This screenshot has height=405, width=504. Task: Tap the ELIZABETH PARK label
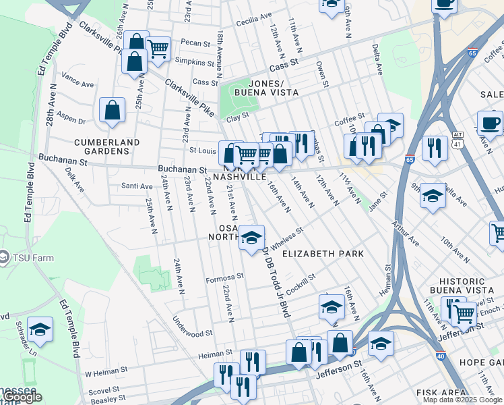[x=323, y=254]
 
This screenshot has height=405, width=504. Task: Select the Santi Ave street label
[x=136, y=186]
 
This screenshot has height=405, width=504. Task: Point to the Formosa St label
[x=224, y=277]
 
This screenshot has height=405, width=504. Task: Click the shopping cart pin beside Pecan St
[x=158, y=48]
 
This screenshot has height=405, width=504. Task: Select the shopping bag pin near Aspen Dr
[x=113, y=110]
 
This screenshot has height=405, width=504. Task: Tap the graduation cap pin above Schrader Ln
[x=40, y=329]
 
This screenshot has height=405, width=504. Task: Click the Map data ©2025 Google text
[x=462, y=400]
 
